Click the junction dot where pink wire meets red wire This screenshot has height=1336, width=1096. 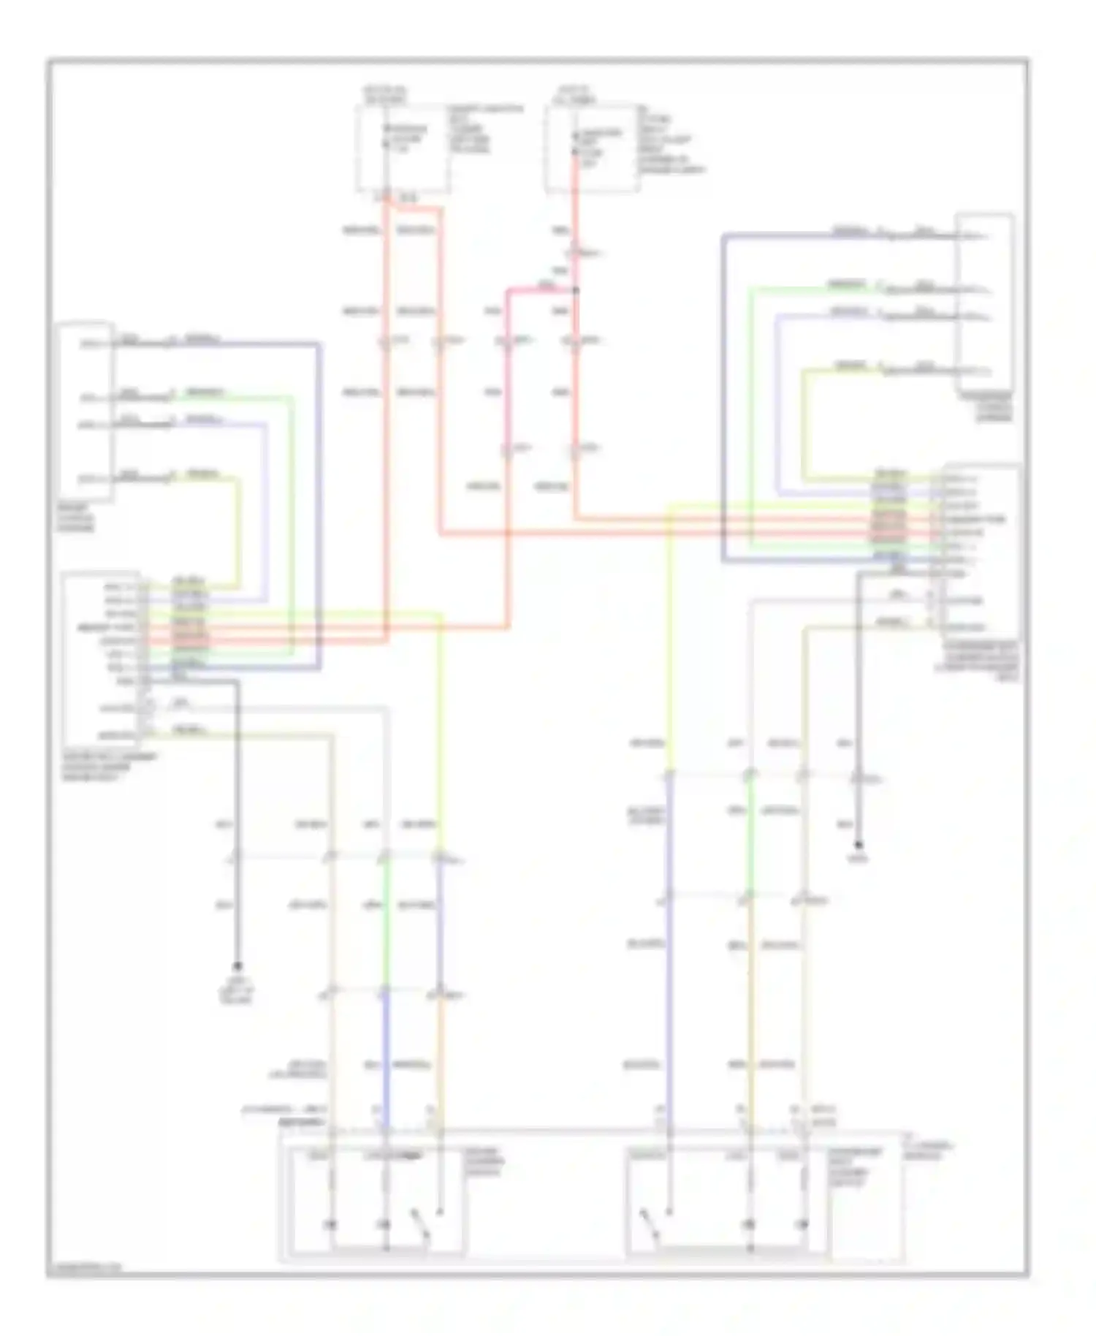(x=576, y=291)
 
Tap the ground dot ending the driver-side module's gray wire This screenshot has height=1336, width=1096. (x=237, y=965)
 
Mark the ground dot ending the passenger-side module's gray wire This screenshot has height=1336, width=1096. (x=859, y=845)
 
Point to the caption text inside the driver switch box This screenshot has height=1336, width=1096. (x=484, y=1161)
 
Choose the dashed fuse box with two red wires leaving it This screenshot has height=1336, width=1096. (x=403, y=148)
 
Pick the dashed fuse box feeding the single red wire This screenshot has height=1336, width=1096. (x=592, y=148)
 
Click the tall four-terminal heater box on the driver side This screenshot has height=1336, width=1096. (x=86, y=411)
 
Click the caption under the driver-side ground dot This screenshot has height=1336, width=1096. (x=237, y=990)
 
